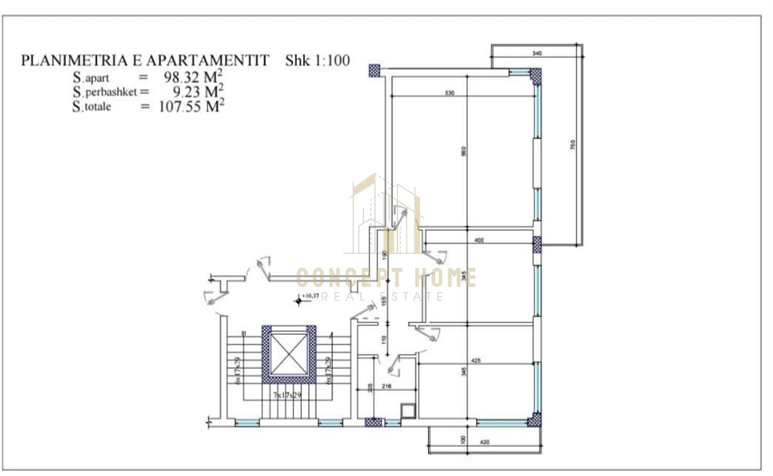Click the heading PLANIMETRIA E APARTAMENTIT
click(x=145, y=60)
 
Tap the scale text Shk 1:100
click(x=318, y=60)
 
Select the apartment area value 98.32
click(x=185, y=77)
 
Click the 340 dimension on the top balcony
click(x=537, y=54)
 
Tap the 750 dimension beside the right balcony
click(x=574, y=145)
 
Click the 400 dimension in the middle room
click(x=479, y=241)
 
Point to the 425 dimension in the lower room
click(x=475, y=361)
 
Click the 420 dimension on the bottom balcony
click(x=484, y=443)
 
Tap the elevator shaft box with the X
click(x=289, y=354)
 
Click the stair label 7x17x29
click(x=287, y=395)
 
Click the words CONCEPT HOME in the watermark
click(x=386, y=278)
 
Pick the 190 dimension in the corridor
click(x=384, y=255)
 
